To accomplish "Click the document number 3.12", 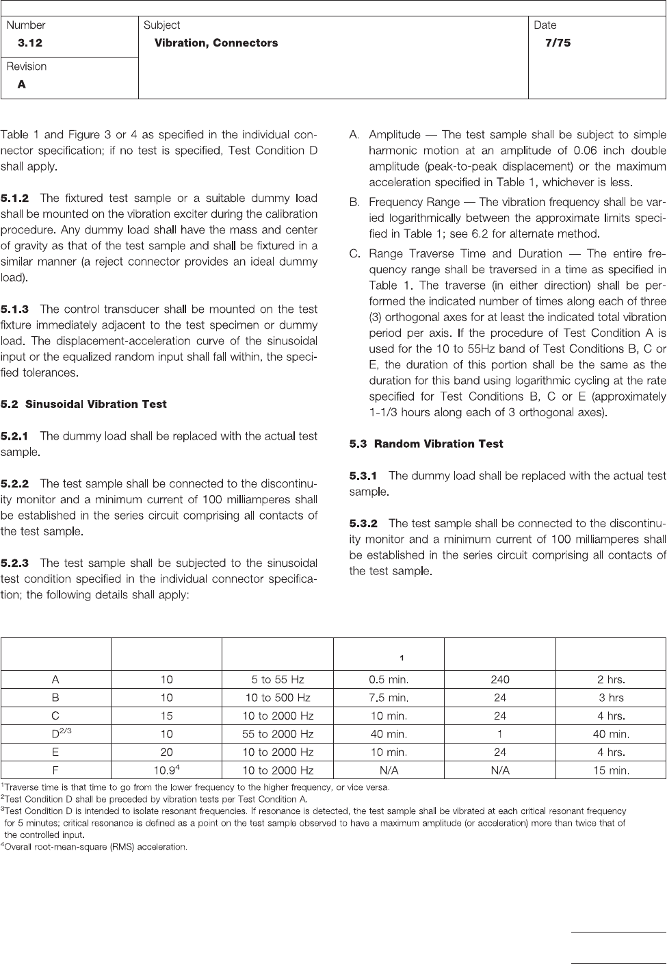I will (x=30, y=43).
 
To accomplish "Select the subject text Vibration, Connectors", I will (x=216, y=43).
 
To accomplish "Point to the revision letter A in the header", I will (x=22, y=85).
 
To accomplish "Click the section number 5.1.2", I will (x=15, y=199).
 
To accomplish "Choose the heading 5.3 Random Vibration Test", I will (x=426, y=444).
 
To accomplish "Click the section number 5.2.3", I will (x=15, y=563).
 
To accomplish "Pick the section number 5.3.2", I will (x=363, y=524).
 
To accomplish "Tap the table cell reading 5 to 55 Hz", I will (x=278, y=681).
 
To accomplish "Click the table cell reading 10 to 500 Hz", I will (x=278, y=698).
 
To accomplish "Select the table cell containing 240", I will (x=500, y=681).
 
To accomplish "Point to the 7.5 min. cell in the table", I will (x=389, y=698).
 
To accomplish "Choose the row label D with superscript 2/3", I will (x=57, y=734).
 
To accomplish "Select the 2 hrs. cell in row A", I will (x=611, y=681).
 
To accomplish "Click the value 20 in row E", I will (x=167, y=752).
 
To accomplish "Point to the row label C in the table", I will (x=55, y=716).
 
